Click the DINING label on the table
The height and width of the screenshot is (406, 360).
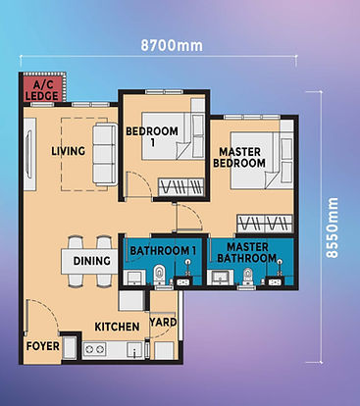tap(92, 261)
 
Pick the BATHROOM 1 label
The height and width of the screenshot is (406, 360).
tap(163, 251)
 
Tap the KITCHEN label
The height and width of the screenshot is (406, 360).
tap(115, 326)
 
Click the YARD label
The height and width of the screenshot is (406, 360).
tap(164, 322)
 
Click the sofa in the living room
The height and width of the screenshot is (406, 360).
tap(102, 153)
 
